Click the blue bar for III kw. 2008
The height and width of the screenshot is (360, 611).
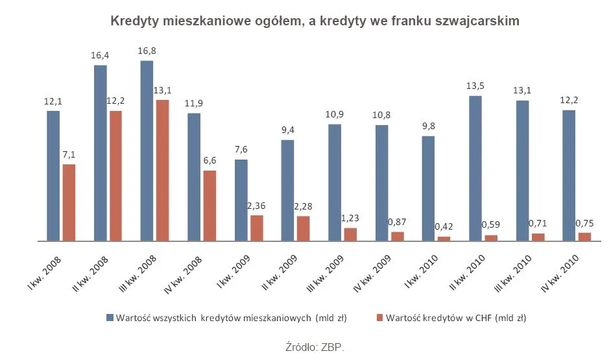click(147, 150)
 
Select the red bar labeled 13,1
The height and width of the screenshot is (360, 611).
click(162, 170)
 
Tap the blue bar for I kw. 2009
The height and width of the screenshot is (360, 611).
click(241, 200)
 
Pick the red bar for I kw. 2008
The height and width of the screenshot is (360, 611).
click(69, 202)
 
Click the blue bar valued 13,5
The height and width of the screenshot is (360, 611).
click(475, 168)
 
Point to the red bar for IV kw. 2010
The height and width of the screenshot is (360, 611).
click(584, 237)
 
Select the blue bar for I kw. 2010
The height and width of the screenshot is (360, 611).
click(428, 188)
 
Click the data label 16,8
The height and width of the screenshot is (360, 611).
click(147, 51)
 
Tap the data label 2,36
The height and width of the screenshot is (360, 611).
click(257, 206)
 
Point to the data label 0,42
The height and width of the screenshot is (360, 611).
click(445, 226)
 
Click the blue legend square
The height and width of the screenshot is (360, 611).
click(110, 318)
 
